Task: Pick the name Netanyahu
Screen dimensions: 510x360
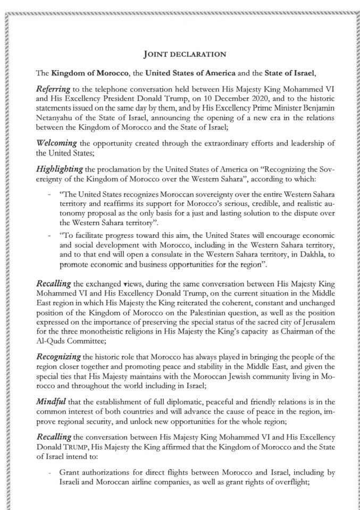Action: [56, 117]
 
